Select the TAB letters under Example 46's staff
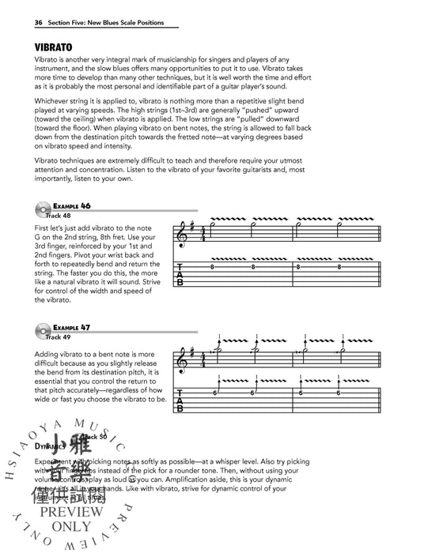[184, 279]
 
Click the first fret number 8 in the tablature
[213, 268]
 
